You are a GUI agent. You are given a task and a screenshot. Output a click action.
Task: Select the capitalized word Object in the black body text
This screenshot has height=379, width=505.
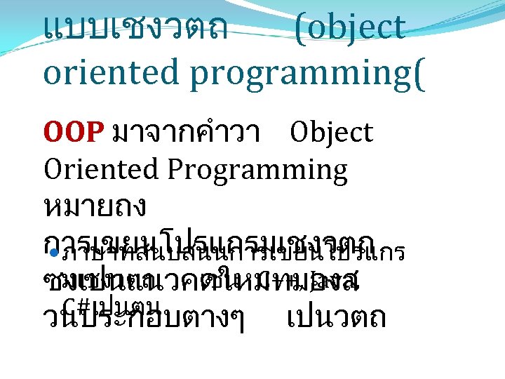[331, 133]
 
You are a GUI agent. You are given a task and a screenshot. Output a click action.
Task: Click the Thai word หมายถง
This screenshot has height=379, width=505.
[95, 206]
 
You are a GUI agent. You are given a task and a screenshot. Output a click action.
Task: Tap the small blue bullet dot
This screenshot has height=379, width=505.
[50, 251]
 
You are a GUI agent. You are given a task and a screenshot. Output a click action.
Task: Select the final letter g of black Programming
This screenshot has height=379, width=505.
[338, 173]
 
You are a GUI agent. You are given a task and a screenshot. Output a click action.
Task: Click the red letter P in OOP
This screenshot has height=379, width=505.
[97, 133]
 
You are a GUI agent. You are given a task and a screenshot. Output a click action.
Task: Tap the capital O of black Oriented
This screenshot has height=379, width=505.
[53, 169]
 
